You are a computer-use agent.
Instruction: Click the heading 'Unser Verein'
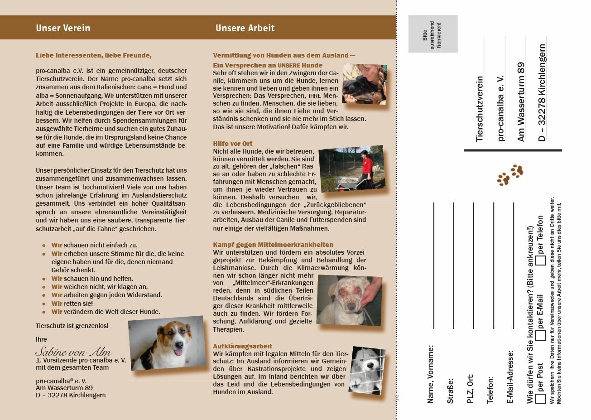[x=63, y=28]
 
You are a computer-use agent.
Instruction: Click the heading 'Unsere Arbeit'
[x=245, y=28]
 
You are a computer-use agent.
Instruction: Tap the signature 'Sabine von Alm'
[x=73, y=352]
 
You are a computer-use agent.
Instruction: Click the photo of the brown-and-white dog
[x=168, y=343]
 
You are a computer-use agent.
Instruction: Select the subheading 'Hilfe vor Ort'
[x=233, y=144]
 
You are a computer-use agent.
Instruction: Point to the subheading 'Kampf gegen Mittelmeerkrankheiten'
[x=273, y=245]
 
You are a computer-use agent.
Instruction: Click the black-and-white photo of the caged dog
[x=367, y=370]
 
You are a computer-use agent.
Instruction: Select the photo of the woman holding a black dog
[x=365, y=84]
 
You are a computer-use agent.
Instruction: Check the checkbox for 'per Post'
[x=540, y=399]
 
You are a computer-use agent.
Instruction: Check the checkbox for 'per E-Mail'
[x=540, y=335]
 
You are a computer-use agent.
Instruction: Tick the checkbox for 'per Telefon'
[x=540, y=261]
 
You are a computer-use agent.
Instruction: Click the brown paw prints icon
[x=510, y=175]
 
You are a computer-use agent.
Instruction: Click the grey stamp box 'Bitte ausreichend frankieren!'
[x=433, y=34]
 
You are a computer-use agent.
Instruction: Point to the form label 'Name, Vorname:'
[x=430, y=374]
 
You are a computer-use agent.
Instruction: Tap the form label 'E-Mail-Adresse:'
[x=510, y=377]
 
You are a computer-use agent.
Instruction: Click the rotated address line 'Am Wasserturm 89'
[x=521, y=102]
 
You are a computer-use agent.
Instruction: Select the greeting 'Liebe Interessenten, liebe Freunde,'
[x=94, y=55]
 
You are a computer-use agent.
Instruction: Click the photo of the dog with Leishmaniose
[x=349, y=300]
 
